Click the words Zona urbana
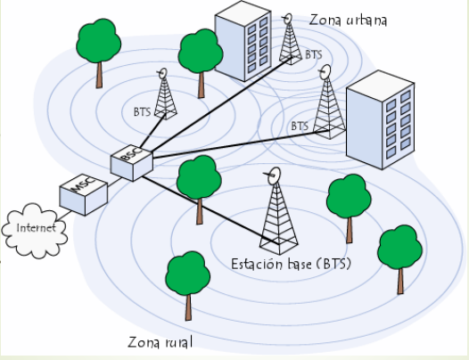tap(348, 19)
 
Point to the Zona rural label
tap(160, 342)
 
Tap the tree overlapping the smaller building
tap(201, 55)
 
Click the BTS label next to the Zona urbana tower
tap(314, 54)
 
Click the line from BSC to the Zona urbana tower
tap(218, 104)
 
